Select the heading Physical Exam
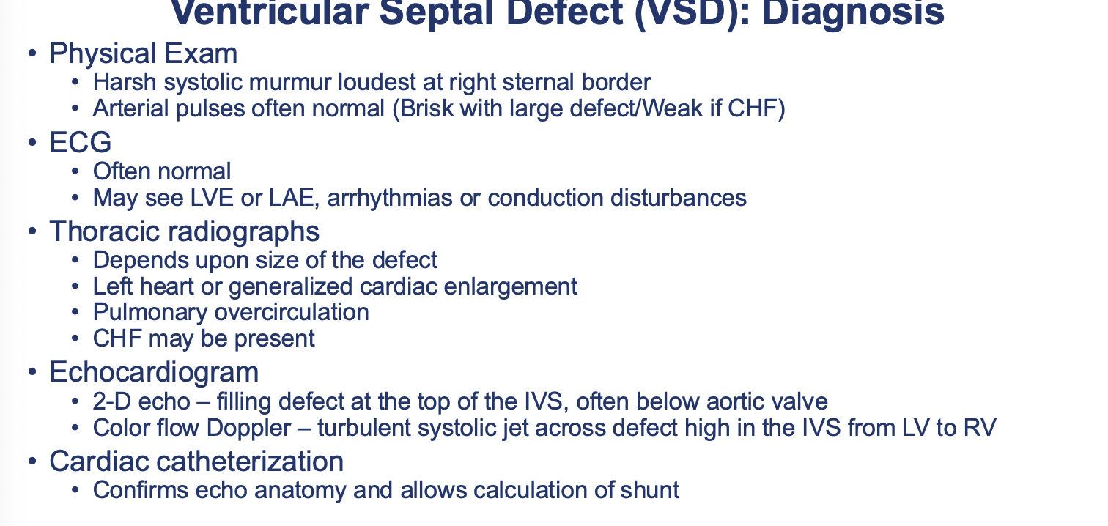point(144,53)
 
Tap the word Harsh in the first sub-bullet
point(125,82)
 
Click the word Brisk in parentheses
point(427,108)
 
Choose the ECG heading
point(80,142)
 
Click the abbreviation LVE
point(212,198)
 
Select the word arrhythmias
point(390,198)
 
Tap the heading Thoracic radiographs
point(185,231)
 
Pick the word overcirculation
point(292,312)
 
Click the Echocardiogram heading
point(154,371)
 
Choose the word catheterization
point(251,462)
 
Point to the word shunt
point(649,490)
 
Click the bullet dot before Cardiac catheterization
point(32,462)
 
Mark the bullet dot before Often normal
point(75,171)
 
